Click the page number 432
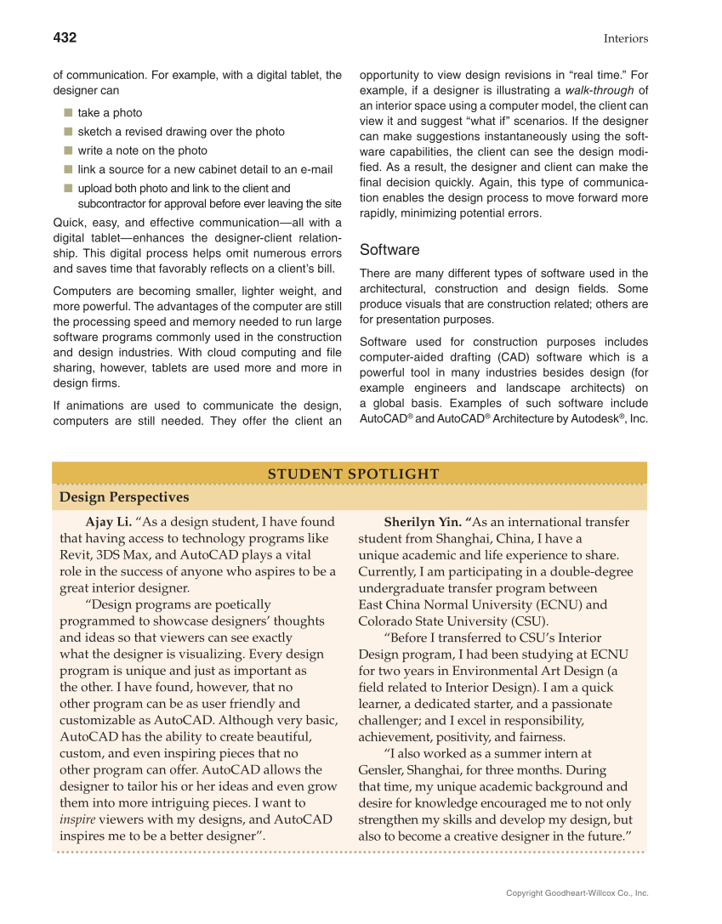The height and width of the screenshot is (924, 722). pos(65,37)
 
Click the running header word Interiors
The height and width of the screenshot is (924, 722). pos(625,38)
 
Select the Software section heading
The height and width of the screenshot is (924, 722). pos(389,250)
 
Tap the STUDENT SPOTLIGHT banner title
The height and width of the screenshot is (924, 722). pos(354,474)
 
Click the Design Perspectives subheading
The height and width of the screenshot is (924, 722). pos(124,496)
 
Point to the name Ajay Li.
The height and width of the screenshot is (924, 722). pos(108,522)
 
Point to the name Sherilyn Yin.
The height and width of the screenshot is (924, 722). pos(421,522)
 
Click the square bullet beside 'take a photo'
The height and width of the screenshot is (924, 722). pos(67,112)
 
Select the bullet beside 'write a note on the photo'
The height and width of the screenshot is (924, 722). pos(67,150)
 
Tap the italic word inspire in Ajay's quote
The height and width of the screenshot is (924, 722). pos(77,819)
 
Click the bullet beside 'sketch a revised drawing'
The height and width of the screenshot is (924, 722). pos(67,132)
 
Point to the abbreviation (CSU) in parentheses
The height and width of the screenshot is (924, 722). pos(527,621)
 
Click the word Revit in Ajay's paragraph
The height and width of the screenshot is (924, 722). pos(75,555)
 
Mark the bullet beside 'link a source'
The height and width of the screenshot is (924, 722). pos(67,170)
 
